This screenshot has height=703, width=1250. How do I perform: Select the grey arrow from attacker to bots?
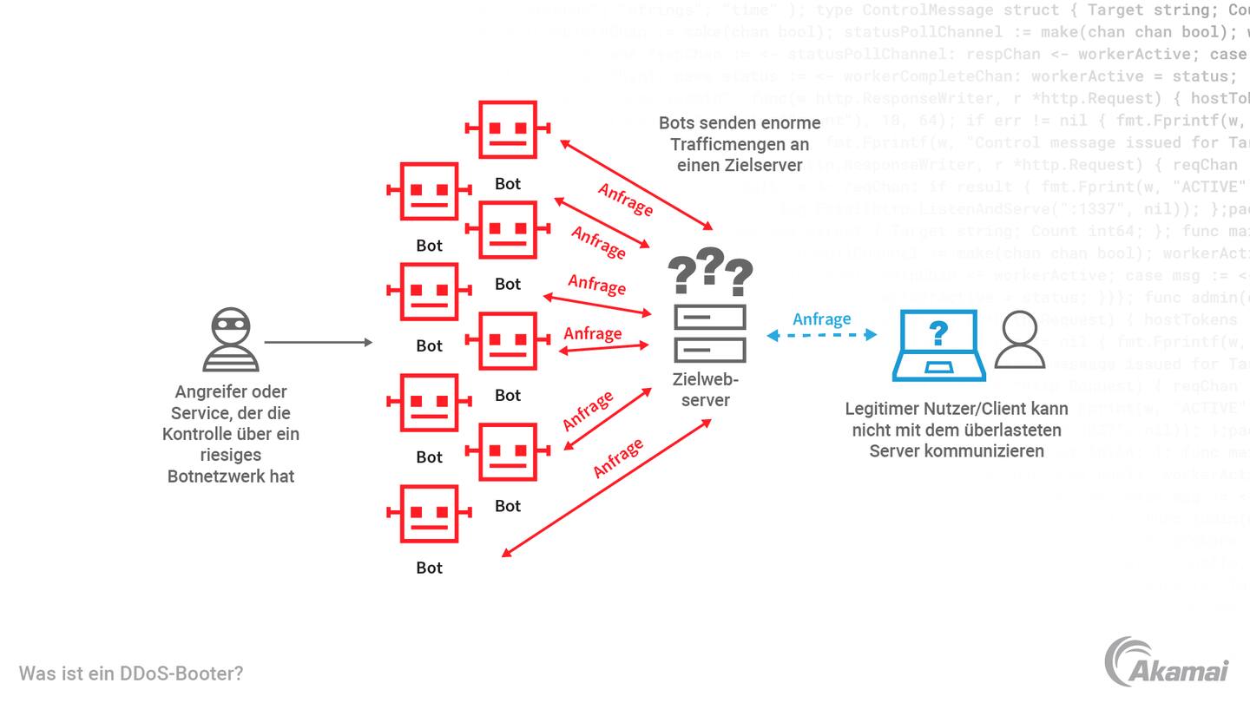coord(318,343)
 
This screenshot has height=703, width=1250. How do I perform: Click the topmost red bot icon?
coord(507,129)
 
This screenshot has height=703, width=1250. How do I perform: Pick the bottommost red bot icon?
coord(429,514)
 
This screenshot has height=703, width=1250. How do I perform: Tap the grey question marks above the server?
coord(710,271)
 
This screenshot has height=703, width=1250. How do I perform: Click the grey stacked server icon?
coord(710,333)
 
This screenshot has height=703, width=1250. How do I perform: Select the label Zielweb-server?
coord(706,389)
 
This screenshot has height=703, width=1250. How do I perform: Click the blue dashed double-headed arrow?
coord(821,335)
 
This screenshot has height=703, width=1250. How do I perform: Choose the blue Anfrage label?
coord(821,319)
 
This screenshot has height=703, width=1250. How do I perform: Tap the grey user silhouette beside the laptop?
coord(1019,340)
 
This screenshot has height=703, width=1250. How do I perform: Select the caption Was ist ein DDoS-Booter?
coord(131,673)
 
